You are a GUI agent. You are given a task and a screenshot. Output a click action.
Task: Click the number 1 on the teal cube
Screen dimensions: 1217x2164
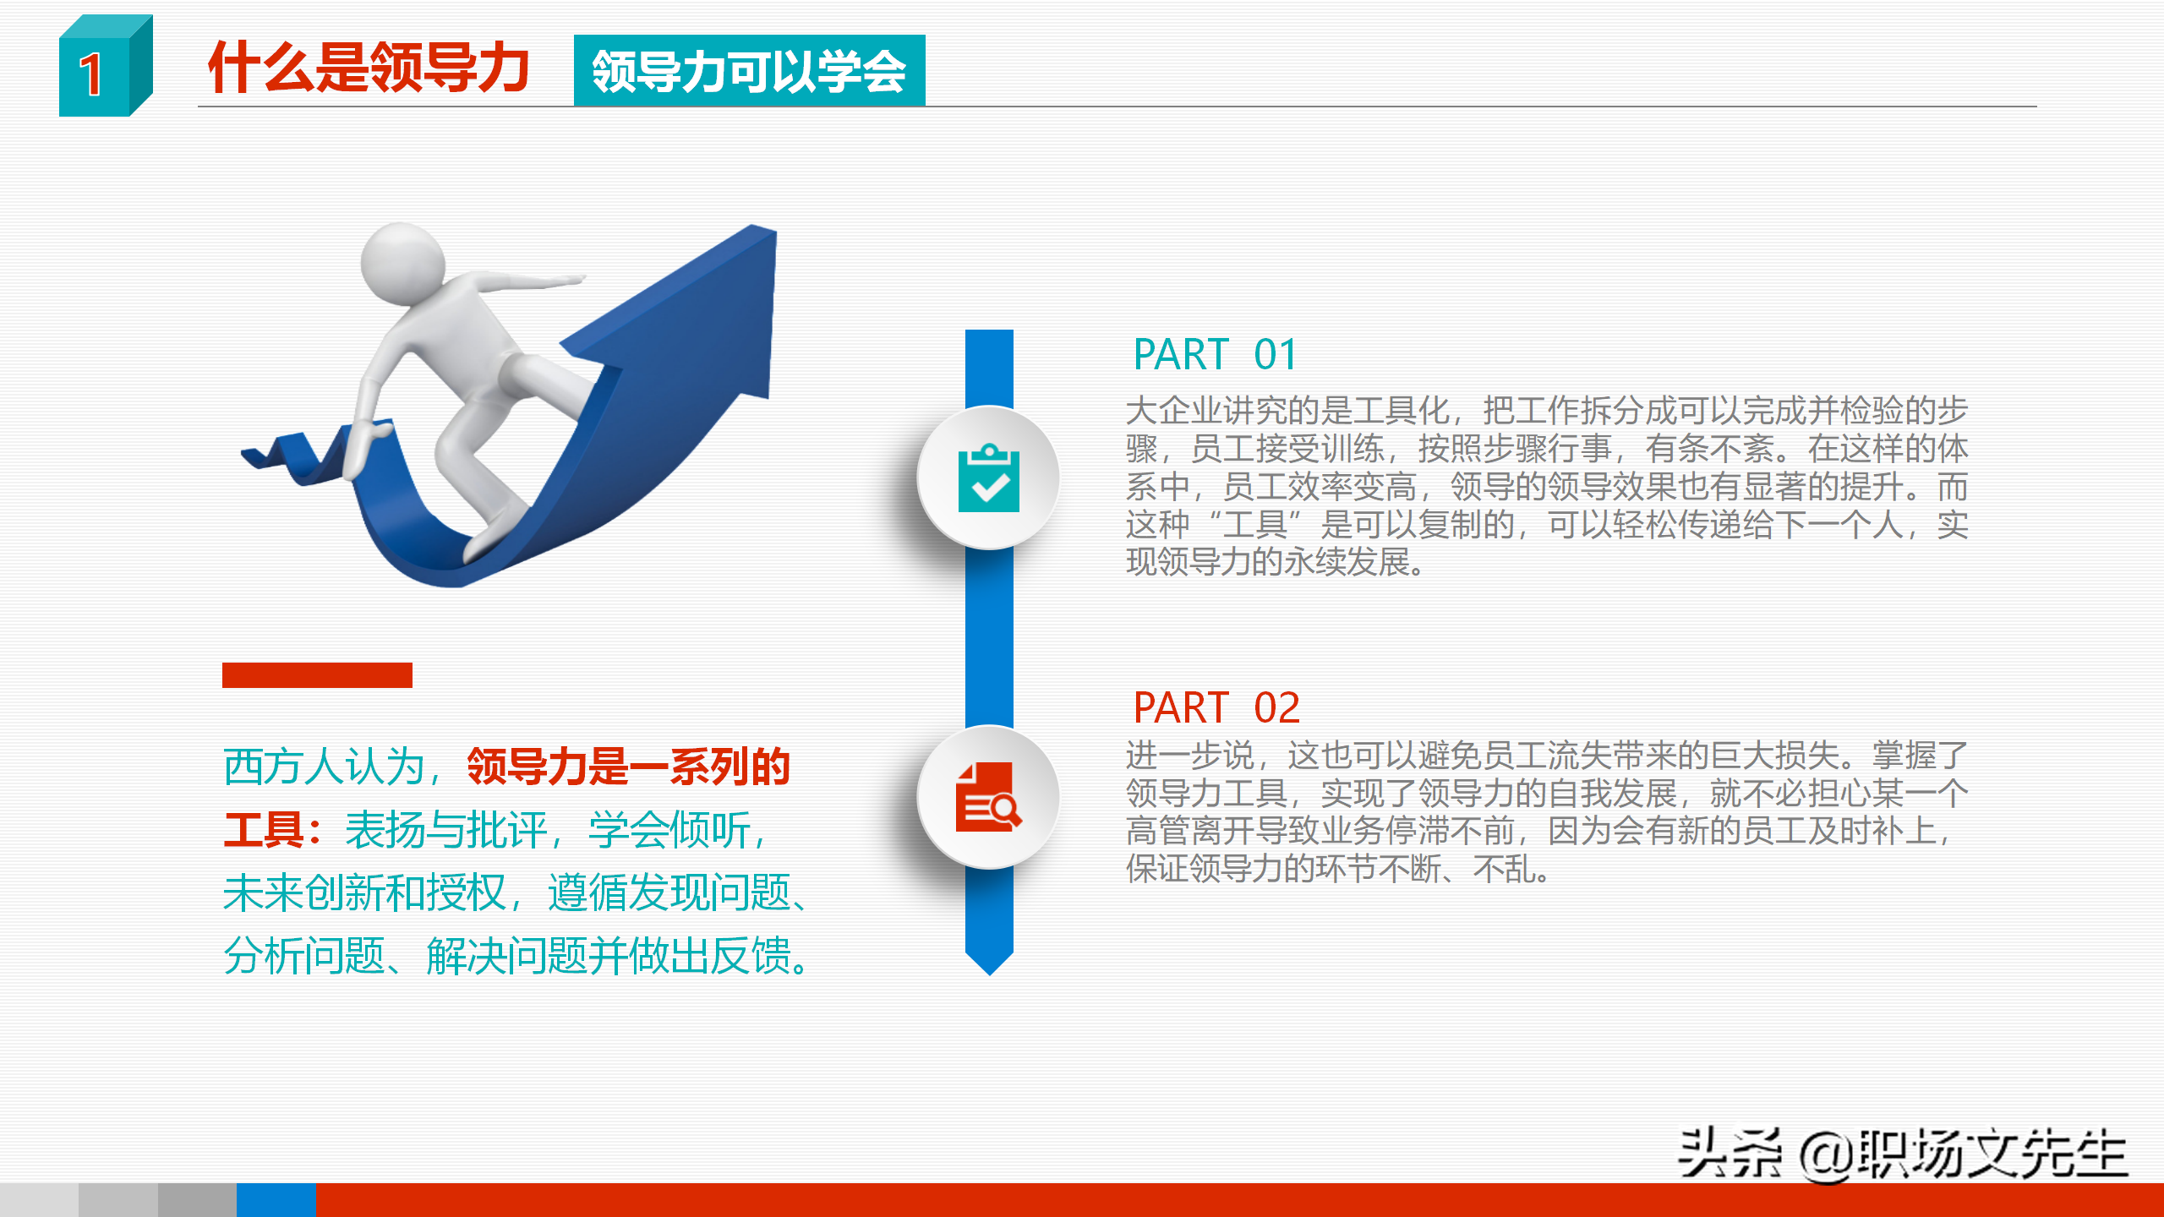[x=91, y=74]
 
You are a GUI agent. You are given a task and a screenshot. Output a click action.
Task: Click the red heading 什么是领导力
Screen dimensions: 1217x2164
[x=369, y=68]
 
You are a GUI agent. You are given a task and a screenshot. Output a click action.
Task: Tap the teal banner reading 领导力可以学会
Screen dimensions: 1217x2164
[x=749, y=71]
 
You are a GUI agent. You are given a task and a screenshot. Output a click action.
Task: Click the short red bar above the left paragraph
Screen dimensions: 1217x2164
[x=317, y=674]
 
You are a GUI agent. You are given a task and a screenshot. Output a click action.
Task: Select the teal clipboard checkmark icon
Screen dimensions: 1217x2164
[x=988, y=478]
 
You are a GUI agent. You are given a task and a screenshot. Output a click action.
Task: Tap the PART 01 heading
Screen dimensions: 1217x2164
[x=1214, y=354]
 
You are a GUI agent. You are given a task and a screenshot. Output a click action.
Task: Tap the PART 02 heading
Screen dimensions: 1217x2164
[x=1216, y=707]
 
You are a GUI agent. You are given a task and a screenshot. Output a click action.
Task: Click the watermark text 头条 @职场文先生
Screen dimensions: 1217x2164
[x=1902, y=1153]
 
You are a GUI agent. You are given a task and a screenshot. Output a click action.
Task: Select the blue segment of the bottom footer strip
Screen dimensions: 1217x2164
[x=276, y=1200]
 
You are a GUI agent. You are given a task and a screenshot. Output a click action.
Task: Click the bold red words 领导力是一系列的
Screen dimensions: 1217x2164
[x=628, y=767]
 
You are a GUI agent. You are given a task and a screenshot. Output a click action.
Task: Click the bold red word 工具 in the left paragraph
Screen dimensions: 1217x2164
[x=263, y=829]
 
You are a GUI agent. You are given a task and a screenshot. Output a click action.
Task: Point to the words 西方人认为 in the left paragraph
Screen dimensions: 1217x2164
[x=323, y=767]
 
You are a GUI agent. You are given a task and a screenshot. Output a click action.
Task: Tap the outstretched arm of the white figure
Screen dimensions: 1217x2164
[x=533, y=280]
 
